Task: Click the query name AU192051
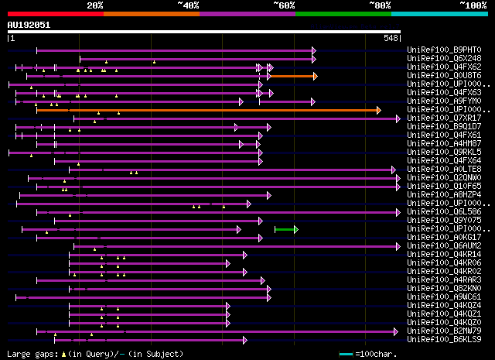tap(29, 25)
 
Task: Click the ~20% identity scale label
tap(94, 5)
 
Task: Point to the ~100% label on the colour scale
tap(473, 5)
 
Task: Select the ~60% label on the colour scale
tap(284, 5)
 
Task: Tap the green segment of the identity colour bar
tap(343, 13)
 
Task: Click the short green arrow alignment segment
tap(285, 228)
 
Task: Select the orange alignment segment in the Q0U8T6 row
tap(292, 76)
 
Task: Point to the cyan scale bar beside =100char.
tap(345, 354)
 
